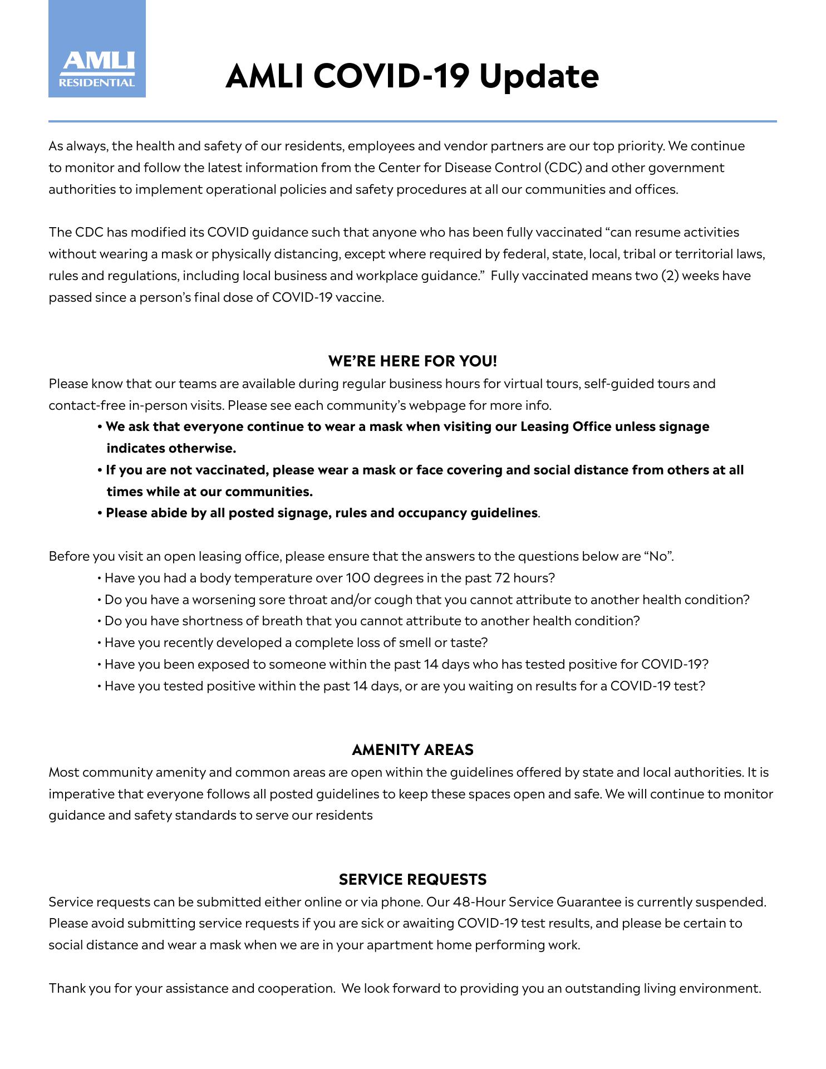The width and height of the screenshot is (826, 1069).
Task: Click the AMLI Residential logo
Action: click(97, 49)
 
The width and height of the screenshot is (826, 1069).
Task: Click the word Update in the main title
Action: click(539, 76)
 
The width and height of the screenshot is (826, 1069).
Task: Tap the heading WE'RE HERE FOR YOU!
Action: click(412, 361)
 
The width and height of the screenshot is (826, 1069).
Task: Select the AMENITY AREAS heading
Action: click(412, 750)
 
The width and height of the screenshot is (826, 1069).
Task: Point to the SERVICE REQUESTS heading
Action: click(412, 880)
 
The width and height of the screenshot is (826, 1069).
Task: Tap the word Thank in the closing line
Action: click(66, 988)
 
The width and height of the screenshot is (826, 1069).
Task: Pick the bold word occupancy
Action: click(432, 513)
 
